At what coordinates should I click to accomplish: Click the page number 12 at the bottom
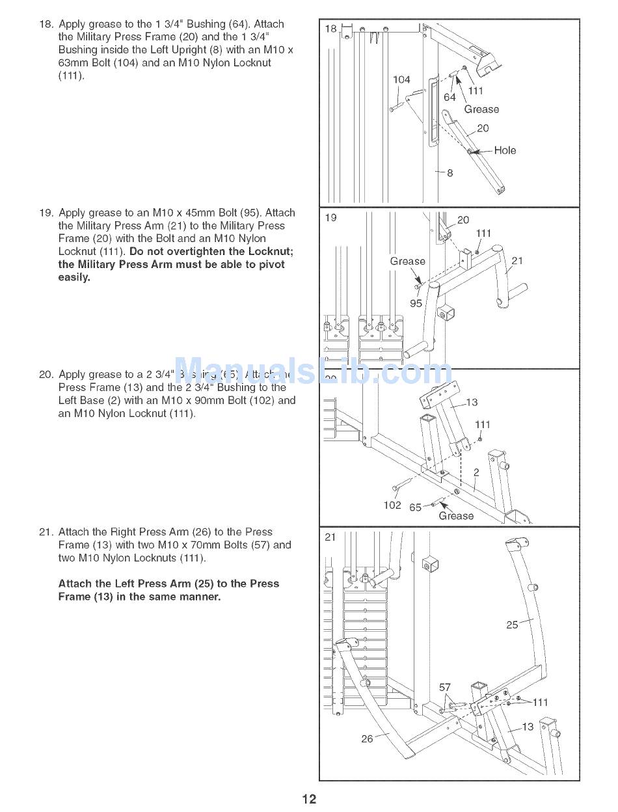308,799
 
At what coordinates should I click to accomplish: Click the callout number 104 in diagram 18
401,79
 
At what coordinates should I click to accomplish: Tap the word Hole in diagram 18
505,150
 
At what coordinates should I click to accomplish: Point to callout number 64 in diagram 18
450,97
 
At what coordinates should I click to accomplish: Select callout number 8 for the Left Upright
450,173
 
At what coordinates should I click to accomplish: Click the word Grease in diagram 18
481,109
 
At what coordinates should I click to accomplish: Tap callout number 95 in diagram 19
416,303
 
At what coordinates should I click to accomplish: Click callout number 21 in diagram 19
517,261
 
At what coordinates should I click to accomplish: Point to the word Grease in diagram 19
407,261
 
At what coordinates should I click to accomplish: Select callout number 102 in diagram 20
392,505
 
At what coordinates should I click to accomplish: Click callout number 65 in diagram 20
415,507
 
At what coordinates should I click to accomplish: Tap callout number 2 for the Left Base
476,473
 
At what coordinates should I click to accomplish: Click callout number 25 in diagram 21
513,625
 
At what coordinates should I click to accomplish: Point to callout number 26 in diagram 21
368,738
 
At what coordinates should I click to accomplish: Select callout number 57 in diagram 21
445,687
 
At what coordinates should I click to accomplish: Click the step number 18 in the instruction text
46,24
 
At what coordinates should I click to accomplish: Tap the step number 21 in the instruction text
46,532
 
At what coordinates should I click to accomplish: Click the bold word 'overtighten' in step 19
196,252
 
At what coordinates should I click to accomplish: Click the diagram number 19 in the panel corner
331,217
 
